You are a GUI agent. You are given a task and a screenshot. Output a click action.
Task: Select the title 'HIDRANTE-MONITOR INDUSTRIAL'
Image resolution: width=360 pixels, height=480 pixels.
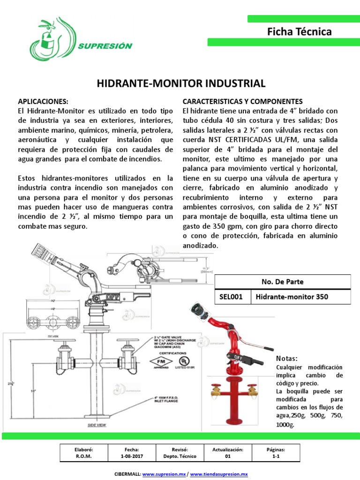181,84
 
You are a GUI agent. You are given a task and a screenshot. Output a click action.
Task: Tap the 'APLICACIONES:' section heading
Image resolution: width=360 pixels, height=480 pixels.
43,101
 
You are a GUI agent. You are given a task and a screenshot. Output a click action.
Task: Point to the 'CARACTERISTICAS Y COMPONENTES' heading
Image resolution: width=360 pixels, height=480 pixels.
242,101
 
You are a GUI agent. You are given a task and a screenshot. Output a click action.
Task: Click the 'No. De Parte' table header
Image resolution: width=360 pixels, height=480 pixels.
283,282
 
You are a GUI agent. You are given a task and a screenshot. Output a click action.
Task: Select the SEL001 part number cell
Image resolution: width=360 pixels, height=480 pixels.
232,297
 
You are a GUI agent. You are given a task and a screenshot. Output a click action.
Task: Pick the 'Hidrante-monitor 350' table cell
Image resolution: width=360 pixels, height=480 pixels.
292,297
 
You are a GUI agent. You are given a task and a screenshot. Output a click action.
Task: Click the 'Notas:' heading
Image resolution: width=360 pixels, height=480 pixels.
287,359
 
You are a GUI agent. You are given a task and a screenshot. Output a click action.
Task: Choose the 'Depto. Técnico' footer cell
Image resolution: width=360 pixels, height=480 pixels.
180,456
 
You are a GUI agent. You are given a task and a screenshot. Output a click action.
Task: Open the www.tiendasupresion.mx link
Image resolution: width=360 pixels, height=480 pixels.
218,474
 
